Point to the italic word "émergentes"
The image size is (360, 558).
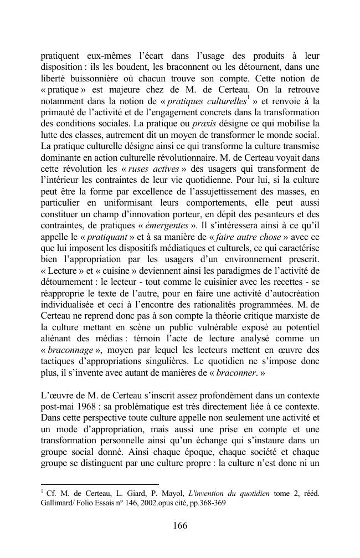tap(169, 226)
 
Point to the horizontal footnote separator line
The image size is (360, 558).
tap(99, 484)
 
